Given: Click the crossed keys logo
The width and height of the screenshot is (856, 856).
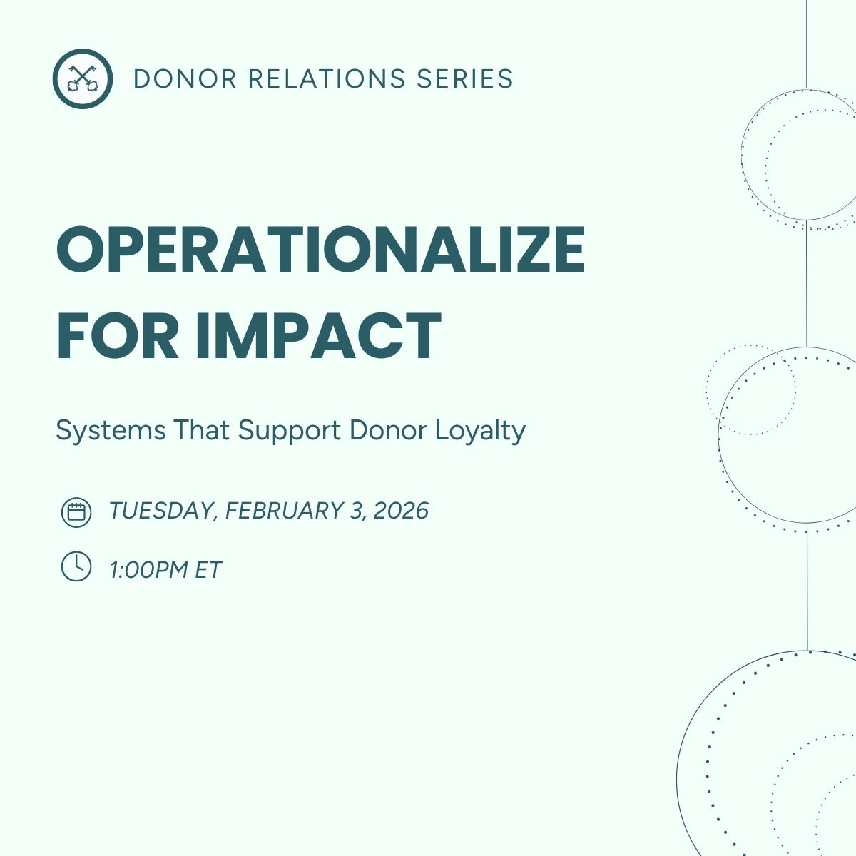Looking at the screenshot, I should pos(82,78).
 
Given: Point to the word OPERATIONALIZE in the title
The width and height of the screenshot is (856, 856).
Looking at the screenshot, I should pos(320,250).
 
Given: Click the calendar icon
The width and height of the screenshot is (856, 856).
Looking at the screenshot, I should pos(76,512).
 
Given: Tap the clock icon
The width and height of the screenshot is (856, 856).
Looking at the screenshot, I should pos(76,567).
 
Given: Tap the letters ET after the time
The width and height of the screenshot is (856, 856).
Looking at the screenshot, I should pos(208,570).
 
